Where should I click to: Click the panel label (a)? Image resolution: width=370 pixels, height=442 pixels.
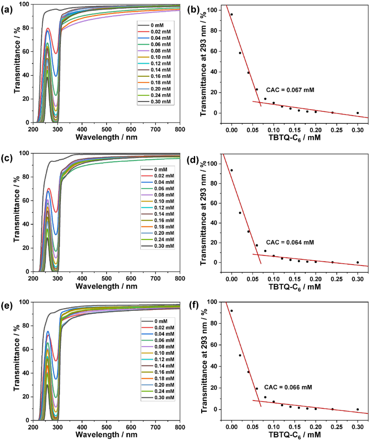[x=7, y=7]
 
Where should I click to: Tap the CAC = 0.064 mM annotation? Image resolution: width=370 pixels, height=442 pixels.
[x=290, y=242]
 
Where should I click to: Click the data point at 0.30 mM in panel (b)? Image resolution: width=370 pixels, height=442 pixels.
[x=357, y=113]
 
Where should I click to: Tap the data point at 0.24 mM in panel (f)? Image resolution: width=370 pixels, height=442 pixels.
[x=332, y=409]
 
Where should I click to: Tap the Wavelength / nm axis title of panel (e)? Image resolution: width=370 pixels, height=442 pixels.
[x=106, y=436]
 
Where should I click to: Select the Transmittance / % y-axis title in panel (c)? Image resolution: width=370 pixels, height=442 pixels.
[x=7, y=212]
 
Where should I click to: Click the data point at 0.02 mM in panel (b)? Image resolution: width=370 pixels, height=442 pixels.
[x=240, y=53]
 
